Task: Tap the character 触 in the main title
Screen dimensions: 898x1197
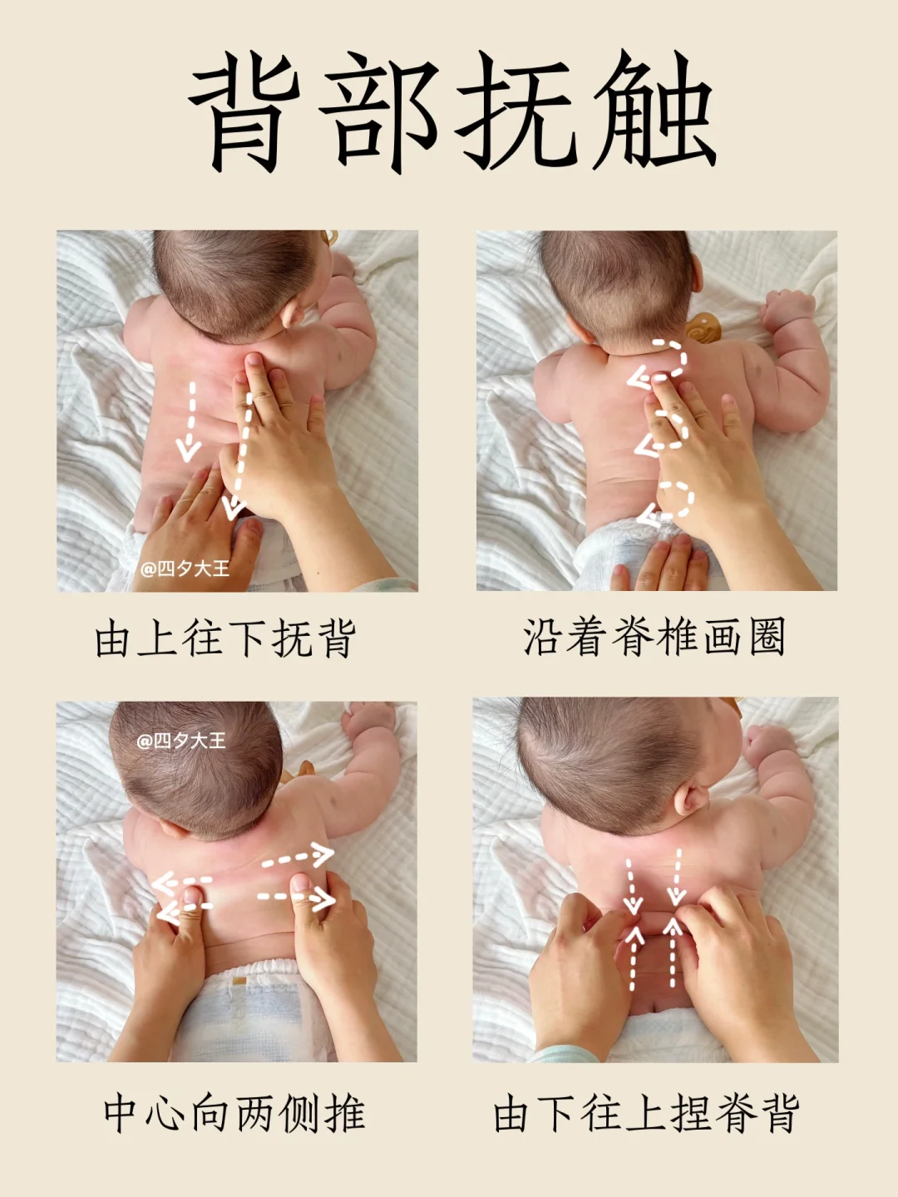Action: click(x=654, y=111)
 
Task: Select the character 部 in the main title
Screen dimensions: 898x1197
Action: click(x=379, y=111)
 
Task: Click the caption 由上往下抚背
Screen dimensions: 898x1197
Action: click(x=225, y=638)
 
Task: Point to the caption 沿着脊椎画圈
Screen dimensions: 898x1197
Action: click(x=654, y=637)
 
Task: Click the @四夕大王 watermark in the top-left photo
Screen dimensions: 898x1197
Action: click(x=185, y=569)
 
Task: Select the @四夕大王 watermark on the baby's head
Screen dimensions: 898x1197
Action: click(x=181, y=741)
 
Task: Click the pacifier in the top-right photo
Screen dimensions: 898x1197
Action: click(x=703, y=328)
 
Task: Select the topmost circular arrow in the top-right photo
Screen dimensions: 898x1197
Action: click(x=659, y=361)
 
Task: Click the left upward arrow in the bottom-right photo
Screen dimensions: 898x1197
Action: click(x=633, y=958)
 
